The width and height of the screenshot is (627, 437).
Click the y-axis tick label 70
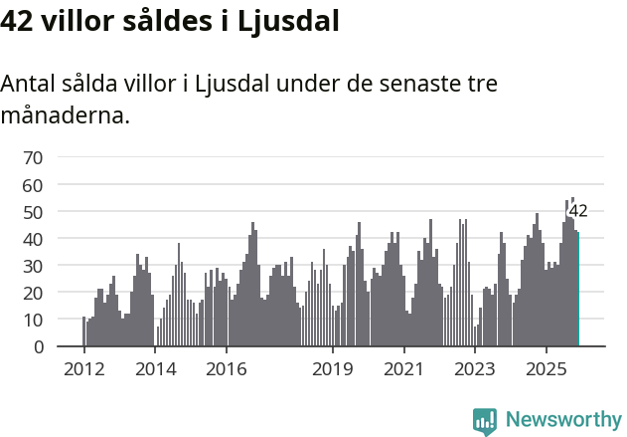pyautogui.click(x=33, y=157)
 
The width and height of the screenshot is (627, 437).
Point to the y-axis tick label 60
pyautogui.click(x=33, y=185)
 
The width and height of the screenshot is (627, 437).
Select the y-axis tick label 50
pyautogui.click(x=33, y=212)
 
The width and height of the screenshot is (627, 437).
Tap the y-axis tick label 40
pyautogui.click(x=33, y=239)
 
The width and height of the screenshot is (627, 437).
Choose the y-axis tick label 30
pyautogui.click(x=33, y=266)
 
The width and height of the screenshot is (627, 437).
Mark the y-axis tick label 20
pyautogui.click(x=33, y=294)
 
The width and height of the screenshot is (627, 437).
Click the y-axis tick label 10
pyautogui.click(x=33, y=321)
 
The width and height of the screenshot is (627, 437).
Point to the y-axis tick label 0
pyautogui.click(x=38, y=347)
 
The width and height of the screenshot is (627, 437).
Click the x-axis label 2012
pyautogui.click(x=83, y=368)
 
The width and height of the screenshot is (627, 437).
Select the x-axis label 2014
pyautogui.click(x=155, y=368)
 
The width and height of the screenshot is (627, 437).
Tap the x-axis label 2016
pyautogui.click(x=227, y=368)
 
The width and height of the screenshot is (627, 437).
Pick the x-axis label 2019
pyautogui.click(x=333, y=368)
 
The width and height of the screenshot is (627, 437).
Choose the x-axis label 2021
pyautogui.click(x=404, y=368)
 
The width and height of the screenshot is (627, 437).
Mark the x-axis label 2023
pyautogui.click(x=475, y=368)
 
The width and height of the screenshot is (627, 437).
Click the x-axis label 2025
pyautogui.click(x=547, y=368)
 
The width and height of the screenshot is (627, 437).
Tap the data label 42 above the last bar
pyautogui.click(x=578, y=211)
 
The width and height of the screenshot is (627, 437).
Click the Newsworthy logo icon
pyautogui.click(x=485, y=421)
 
